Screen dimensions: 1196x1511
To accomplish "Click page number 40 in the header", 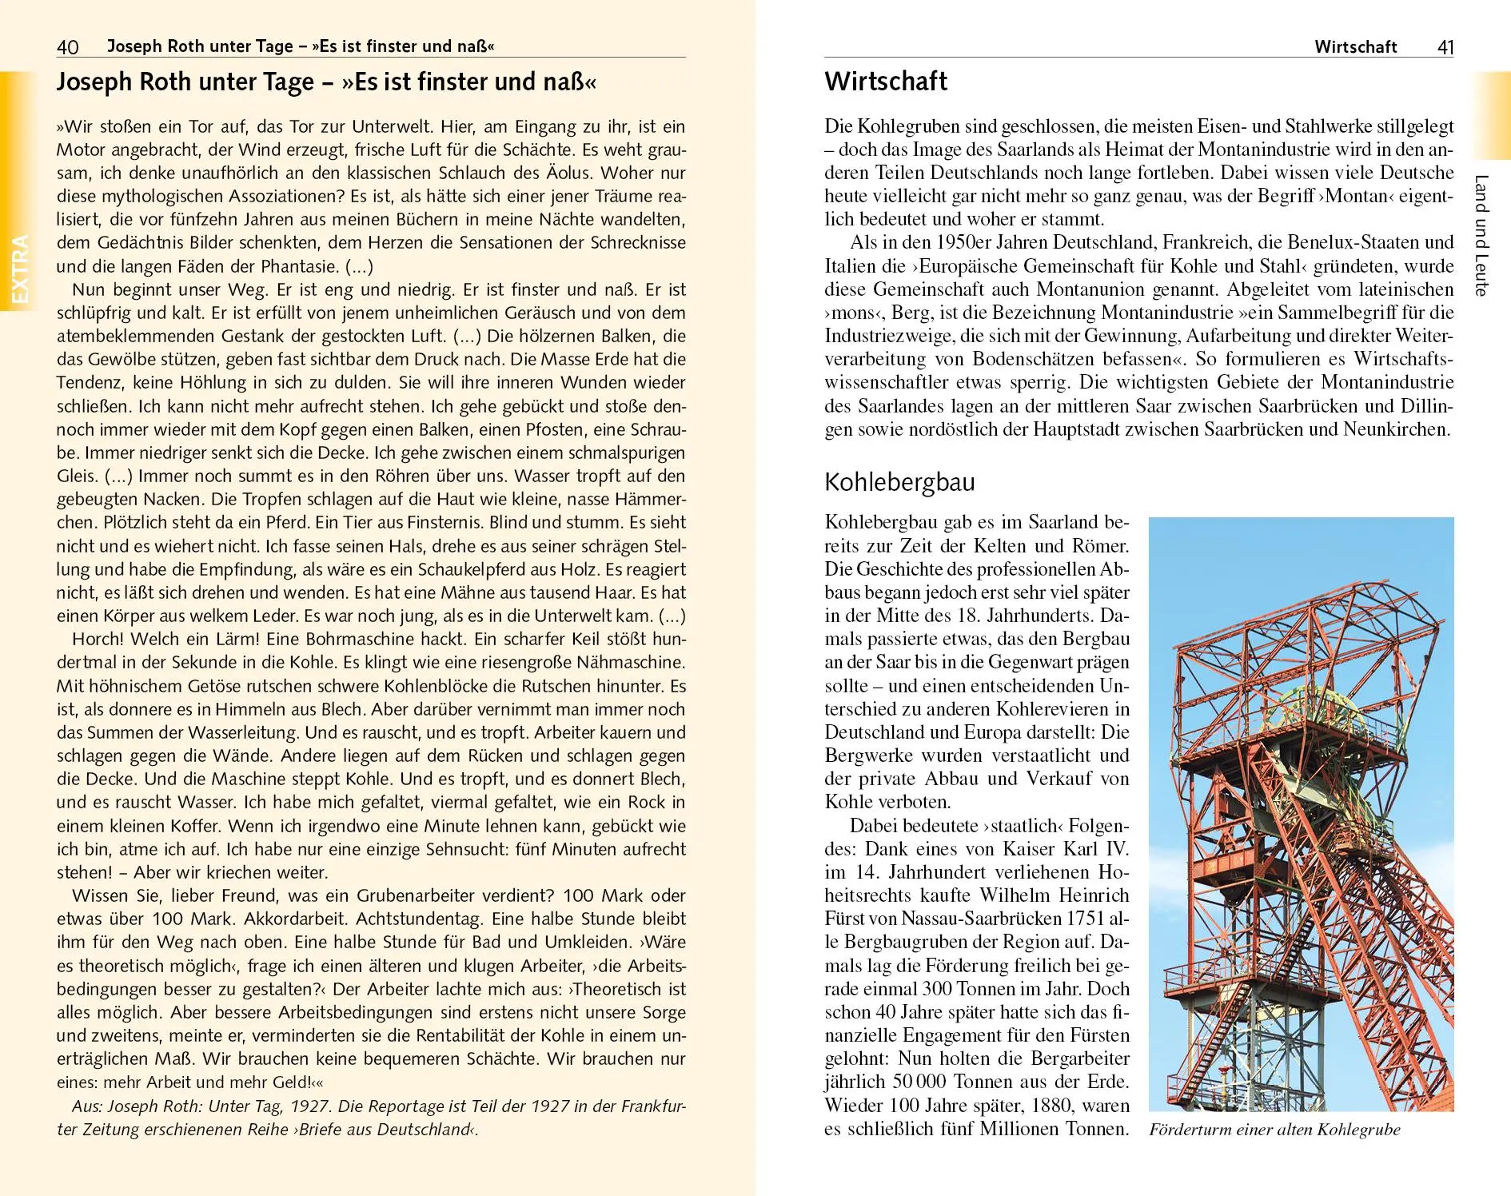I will pos(68,46).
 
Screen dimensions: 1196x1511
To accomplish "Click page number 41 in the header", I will pos(1445,47).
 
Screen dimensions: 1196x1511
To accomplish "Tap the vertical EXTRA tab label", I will pos(19,269).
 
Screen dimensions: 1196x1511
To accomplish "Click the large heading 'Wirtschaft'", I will pos(886,82).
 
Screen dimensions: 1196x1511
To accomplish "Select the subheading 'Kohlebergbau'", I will pos(899,483).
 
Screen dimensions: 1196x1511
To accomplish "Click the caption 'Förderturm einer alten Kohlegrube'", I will pos(1274,1130).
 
